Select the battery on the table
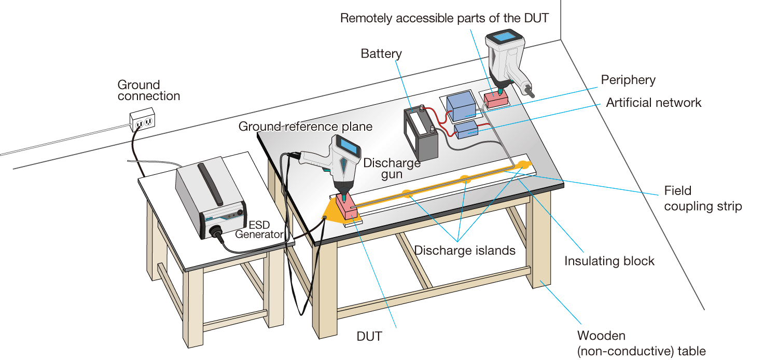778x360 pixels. click(x=421, y=134)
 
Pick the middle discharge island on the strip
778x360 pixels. click(x=465, y=179)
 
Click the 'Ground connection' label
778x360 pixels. click(x=148, y=90)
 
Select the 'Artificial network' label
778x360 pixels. click(x=654, y=102)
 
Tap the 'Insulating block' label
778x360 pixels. click(x=609, y=260)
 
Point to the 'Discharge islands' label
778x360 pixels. click(x=464, y=251)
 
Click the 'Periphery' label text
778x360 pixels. click(x=628, y=80)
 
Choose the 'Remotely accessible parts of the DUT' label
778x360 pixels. click(x=444, y=18)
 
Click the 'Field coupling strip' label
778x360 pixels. click(x=703, y=199)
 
